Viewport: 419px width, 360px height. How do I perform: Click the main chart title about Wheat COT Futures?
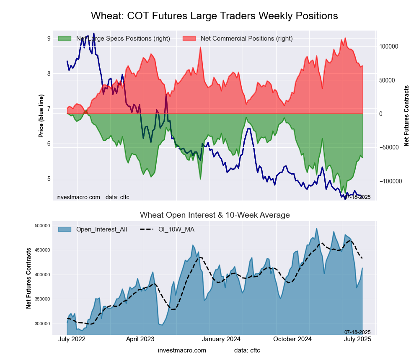coord(214,16)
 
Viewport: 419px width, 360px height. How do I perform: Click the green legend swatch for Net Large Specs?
coord(65,39)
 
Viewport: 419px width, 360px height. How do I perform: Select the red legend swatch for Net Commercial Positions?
coord(189,39)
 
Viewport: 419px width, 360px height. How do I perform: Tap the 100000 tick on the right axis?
coord(391,46)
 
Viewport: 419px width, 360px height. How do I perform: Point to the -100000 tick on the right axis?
coord(391,181)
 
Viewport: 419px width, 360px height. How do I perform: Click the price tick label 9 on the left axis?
coord(49,39)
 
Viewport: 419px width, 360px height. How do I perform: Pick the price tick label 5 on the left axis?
coord(49,179)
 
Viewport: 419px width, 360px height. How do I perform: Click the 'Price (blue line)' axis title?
coord(41,116)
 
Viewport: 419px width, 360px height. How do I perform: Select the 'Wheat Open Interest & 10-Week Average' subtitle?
coord(215,215)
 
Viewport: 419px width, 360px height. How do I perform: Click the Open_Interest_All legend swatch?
coord(65,229)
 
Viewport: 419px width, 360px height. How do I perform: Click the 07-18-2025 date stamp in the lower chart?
coord(357,332)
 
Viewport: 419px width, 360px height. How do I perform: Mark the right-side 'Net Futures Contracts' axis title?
coord(406,116)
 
